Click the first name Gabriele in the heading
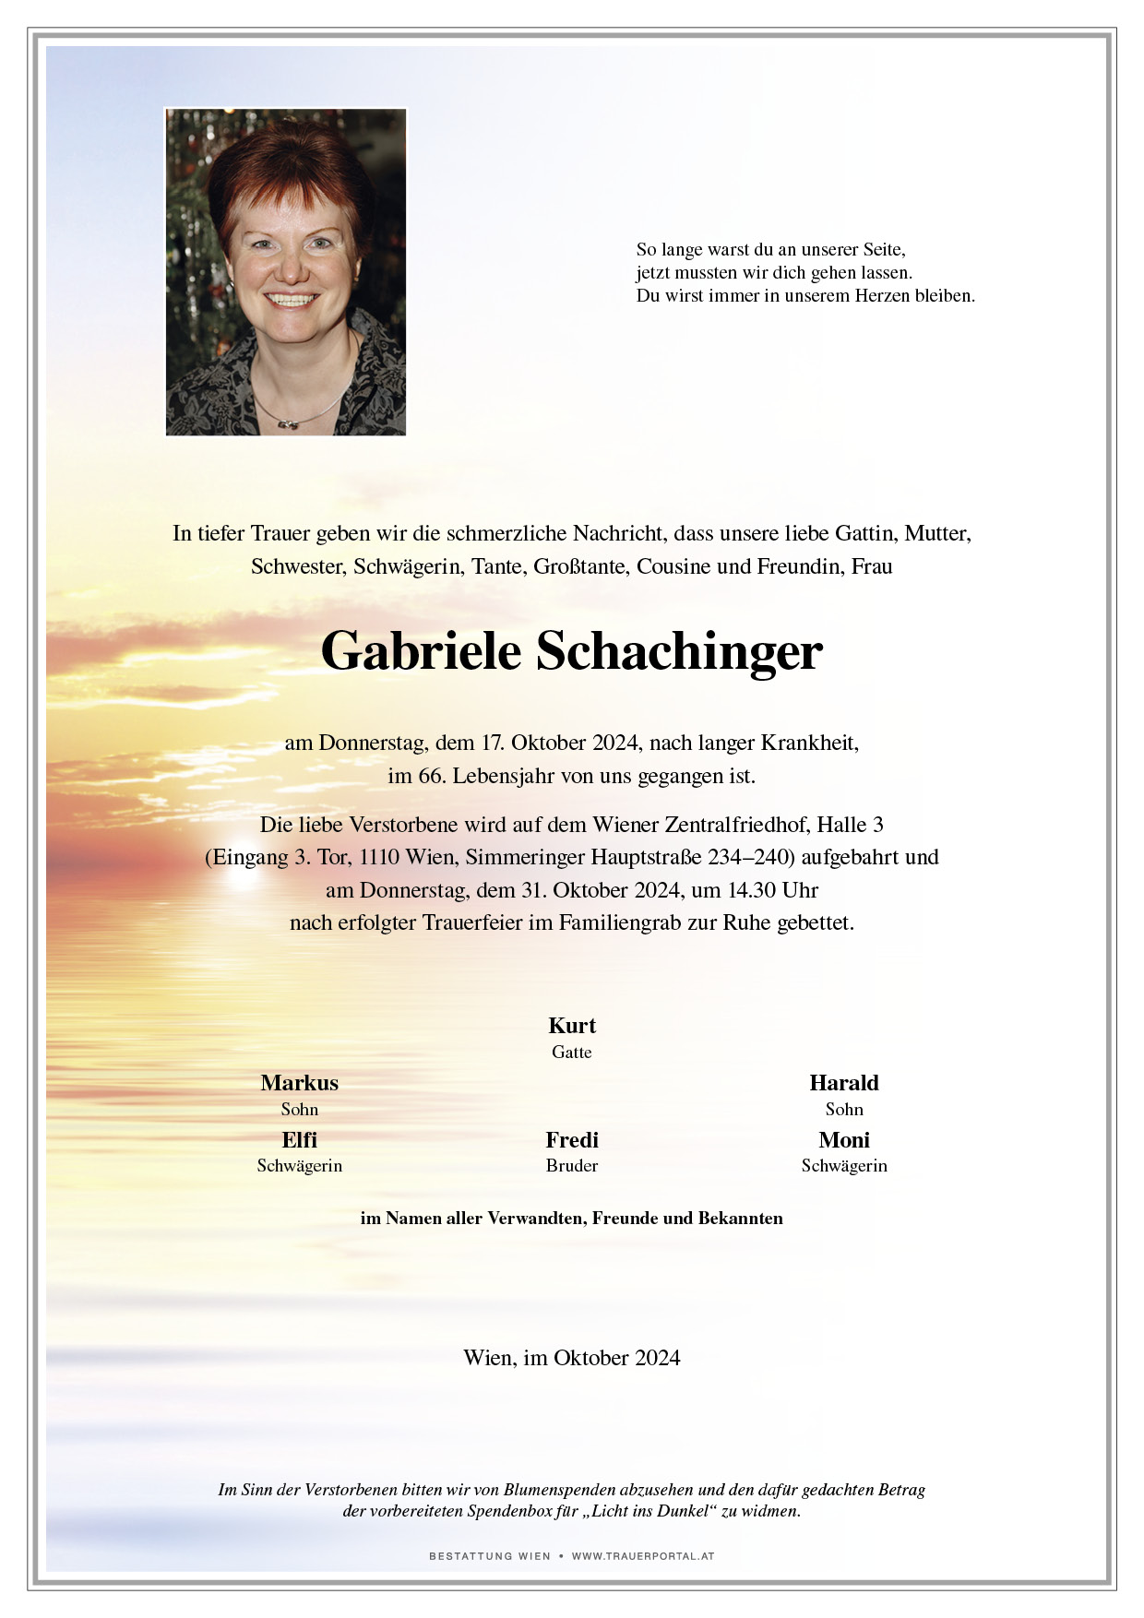[x=421, y=651]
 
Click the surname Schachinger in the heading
[x=679, y=651]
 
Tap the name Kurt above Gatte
[x=572, y=1026]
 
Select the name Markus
[x=299, y=1083]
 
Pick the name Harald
[x=844, y=1083]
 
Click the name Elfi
[x=299, y=1140]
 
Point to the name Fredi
[x=572, y=1140]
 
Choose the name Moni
[x=844, y=1140]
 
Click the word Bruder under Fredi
[x=572, y=1166]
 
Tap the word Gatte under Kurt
[x=572, y=1053]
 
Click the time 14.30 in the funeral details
[x=747, y=890]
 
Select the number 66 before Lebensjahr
[x=431, y=776]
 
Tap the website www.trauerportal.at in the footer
[x=643, y=1556]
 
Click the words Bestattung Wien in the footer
[x=489, y=1556]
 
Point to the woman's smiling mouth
[x=292, y=300]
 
